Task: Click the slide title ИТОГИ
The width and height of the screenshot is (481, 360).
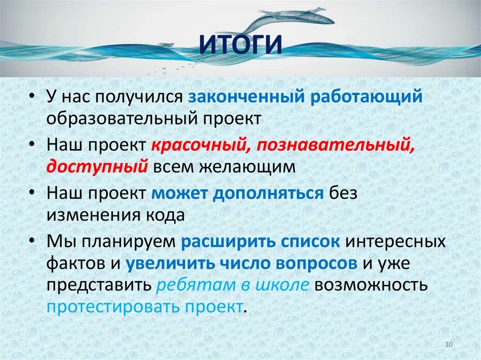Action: coord(240,45)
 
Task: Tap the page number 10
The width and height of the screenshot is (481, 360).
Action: coord(448,345)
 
